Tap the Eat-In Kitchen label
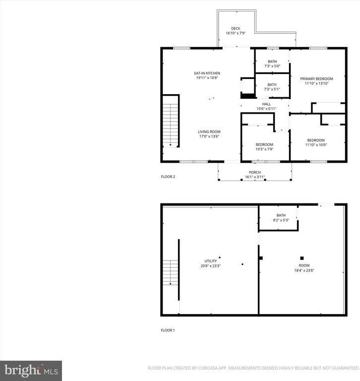[207, 73]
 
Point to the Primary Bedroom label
[316, 78]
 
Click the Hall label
[266, 104]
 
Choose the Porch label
[254, 172]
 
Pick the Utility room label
[211, 261]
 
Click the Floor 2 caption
[168, 177]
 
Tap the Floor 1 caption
[168, 330]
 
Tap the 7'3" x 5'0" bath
[272, 62]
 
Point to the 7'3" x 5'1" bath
[272, 85]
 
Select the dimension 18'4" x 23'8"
[304, 270]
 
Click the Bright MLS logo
[31, 370]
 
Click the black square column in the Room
[301, 258]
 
